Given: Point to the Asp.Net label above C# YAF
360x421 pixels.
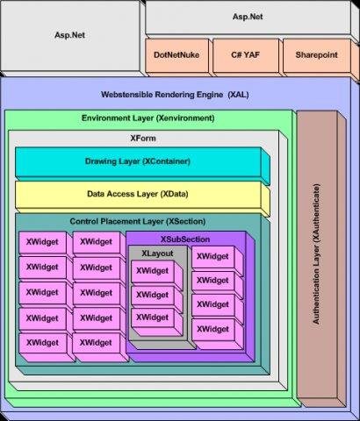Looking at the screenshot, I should pyautogui.click(x=251, y=17).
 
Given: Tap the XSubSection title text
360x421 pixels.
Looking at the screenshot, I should pyautogui.click(x=185, y=239).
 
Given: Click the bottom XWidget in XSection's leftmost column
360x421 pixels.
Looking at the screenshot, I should pyautogui.click(x=41, y=342).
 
